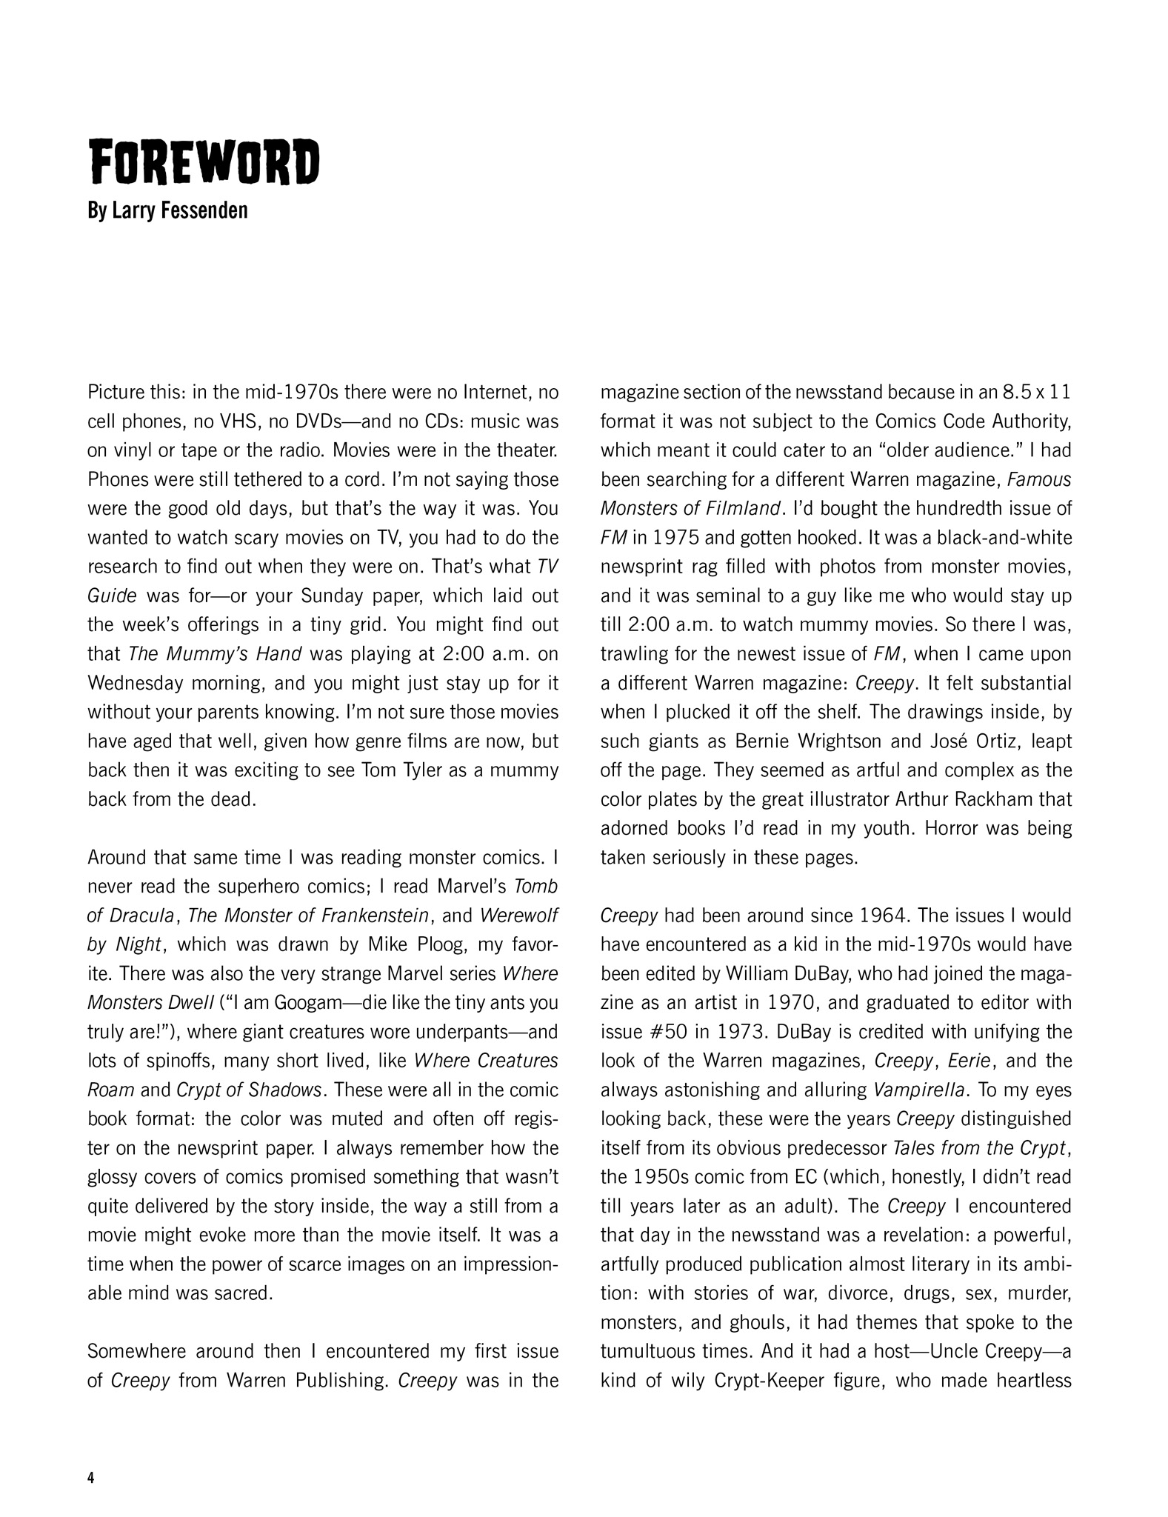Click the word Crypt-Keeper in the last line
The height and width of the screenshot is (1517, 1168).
(x=801, y=1381)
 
